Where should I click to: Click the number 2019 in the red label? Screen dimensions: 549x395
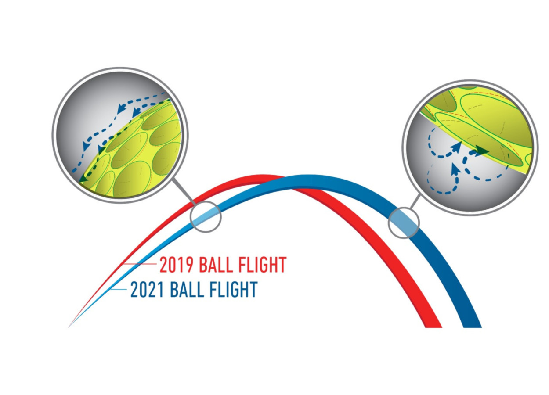pos(176,265)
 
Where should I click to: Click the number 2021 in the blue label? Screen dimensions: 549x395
pos(147,289)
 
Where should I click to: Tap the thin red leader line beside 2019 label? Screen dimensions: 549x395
pos(140,264)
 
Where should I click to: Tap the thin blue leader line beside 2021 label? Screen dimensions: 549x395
pos(119,290)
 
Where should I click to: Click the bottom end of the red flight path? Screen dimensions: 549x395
pos(433,327)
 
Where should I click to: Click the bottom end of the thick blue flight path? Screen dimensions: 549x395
pos(473,327)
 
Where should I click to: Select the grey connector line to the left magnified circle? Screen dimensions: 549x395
pos(184,191)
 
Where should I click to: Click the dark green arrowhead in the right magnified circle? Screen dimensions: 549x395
pos(482,151)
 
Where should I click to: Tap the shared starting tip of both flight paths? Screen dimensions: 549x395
pos(69,327)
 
